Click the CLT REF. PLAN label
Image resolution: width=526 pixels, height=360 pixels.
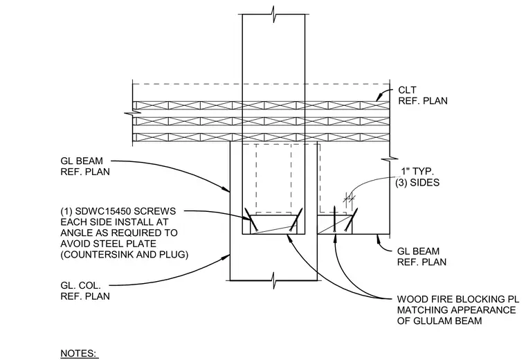pos(423,96)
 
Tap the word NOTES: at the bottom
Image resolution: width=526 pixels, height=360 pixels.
pos(78,353)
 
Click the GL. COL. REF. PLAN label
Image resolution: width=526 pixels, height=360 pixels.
pos(85,291)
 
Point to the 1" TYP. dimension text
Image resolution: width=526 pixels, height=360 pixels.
pos(417,172)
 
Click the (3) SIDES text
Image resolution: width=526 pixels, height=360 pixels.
pos(417,183)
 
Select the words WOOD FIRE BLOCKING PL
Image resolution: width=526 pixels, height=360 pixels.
pos(457,299)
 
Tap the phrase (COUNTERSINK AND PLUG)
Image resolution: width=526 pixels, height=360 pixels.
pos(125,254)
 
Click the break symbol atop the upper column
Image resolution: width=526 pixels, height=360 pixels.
pos(274,15)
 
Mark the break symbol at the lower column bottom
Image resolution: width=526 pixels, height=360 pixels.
pos(274,280)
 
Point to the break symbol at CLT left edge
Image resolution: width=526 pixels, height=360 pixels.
pos(132,113)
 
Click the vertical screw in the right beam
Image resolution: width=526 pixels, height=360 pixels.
pos(335,219)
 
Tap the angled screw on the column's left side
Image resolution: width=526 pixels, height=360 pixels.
pos(251,219)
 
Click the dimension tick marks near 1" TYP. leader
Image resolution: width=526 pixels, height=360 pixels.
pos(350,199)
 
